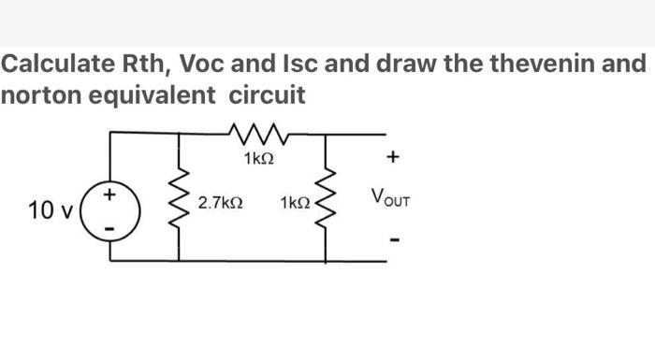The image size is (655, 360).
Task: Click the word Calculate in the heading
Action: (x=57, y=65)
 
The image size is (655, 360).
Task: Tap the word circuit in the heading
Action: (x=273, y=94)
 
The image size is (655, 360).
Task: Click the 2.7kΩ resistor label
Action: (x=222, y=203)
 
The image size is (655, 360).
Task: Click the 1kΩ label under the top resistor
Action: (x=257, y=160)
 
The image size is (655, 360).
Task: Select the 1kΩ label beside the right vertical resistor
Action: (x=295, y=203)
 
